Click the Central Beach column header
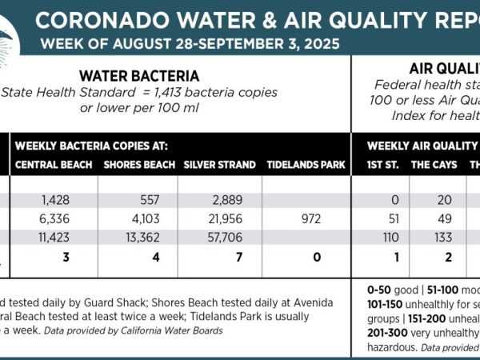52,166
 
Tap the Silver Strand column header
219,166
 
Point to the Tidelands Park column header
306,166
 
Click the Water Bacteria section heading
139,77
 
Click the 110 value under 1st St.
385,237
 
